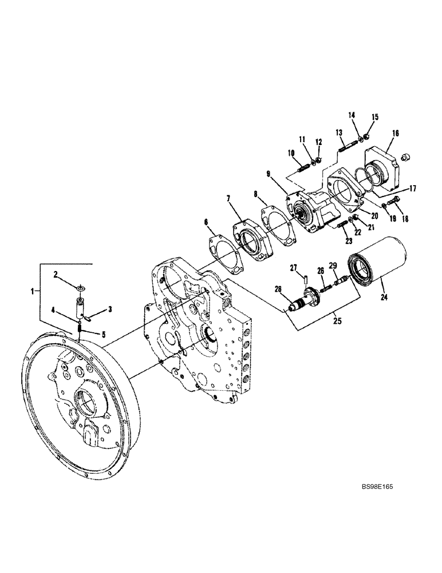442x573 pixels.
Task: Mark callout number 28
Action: pos(279,289)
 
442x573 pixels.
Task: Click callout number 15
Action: pos(376,117)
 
